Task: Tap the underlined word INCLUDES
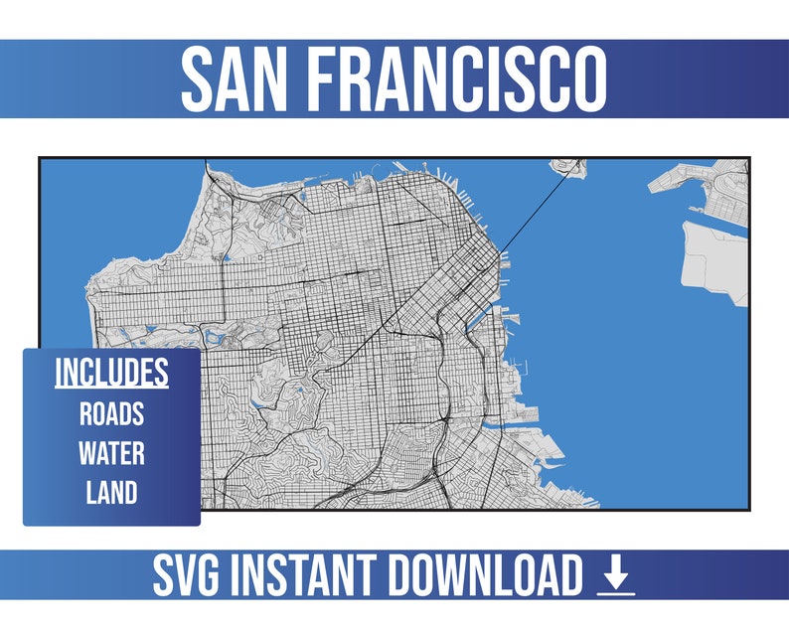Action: [x=111, y=374]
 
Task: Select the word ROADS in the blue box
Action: [x=111, y=414]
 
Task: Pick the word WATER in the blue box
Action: [x=111, y=454]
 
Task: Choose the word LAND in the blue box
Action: [x=111, y=492]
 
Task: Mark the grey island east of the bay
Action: [x=713, y=260]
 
